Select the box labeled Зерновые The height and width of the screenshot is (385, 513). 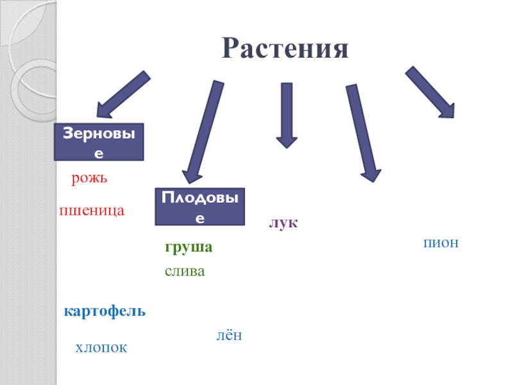[x=99, y=142]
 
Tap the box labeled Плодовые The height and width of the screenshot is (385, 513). [x=200, y=207]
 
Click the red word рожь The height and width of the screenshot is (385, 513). [x=88, y=178]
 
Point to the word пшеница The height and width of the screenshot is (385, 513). [x=91, y=210]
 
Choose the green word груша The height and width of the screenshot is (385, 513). [x=188, y=248]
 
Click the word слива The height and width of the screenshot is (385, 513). [x=185, y=271]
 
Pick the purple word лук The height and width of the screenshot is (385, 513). [x=283, y=223]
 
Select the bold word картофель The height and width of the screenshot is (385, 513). [x=105, y=312]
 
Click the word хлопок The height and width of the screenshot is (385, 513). [x=101, y=348]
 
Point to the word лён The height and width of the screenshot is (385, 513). [x=228, y=335]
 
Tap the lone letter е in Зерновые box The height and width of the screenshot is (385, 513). [x=99, y=155]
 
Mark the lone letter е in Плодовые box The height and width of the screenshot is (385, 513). [x=200, y=219]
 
